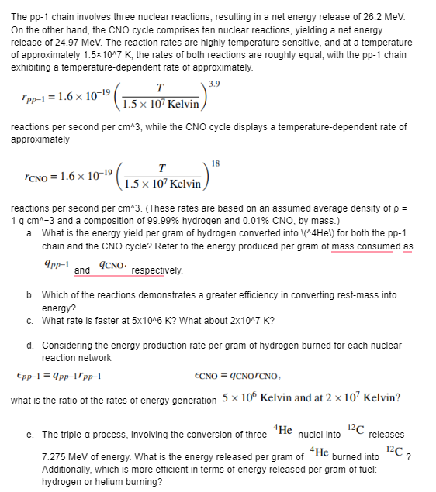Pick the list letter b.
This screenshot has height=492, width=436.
tap(29, 295)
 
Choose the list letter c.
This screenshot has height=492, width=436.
tap(29, 321)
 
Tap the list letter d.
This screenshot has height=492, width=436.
tap(29, 346)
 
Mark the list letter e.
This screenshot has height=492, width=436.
tap(29, 435)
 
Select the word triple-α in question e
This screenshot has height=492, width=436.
tap(86, 435)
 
